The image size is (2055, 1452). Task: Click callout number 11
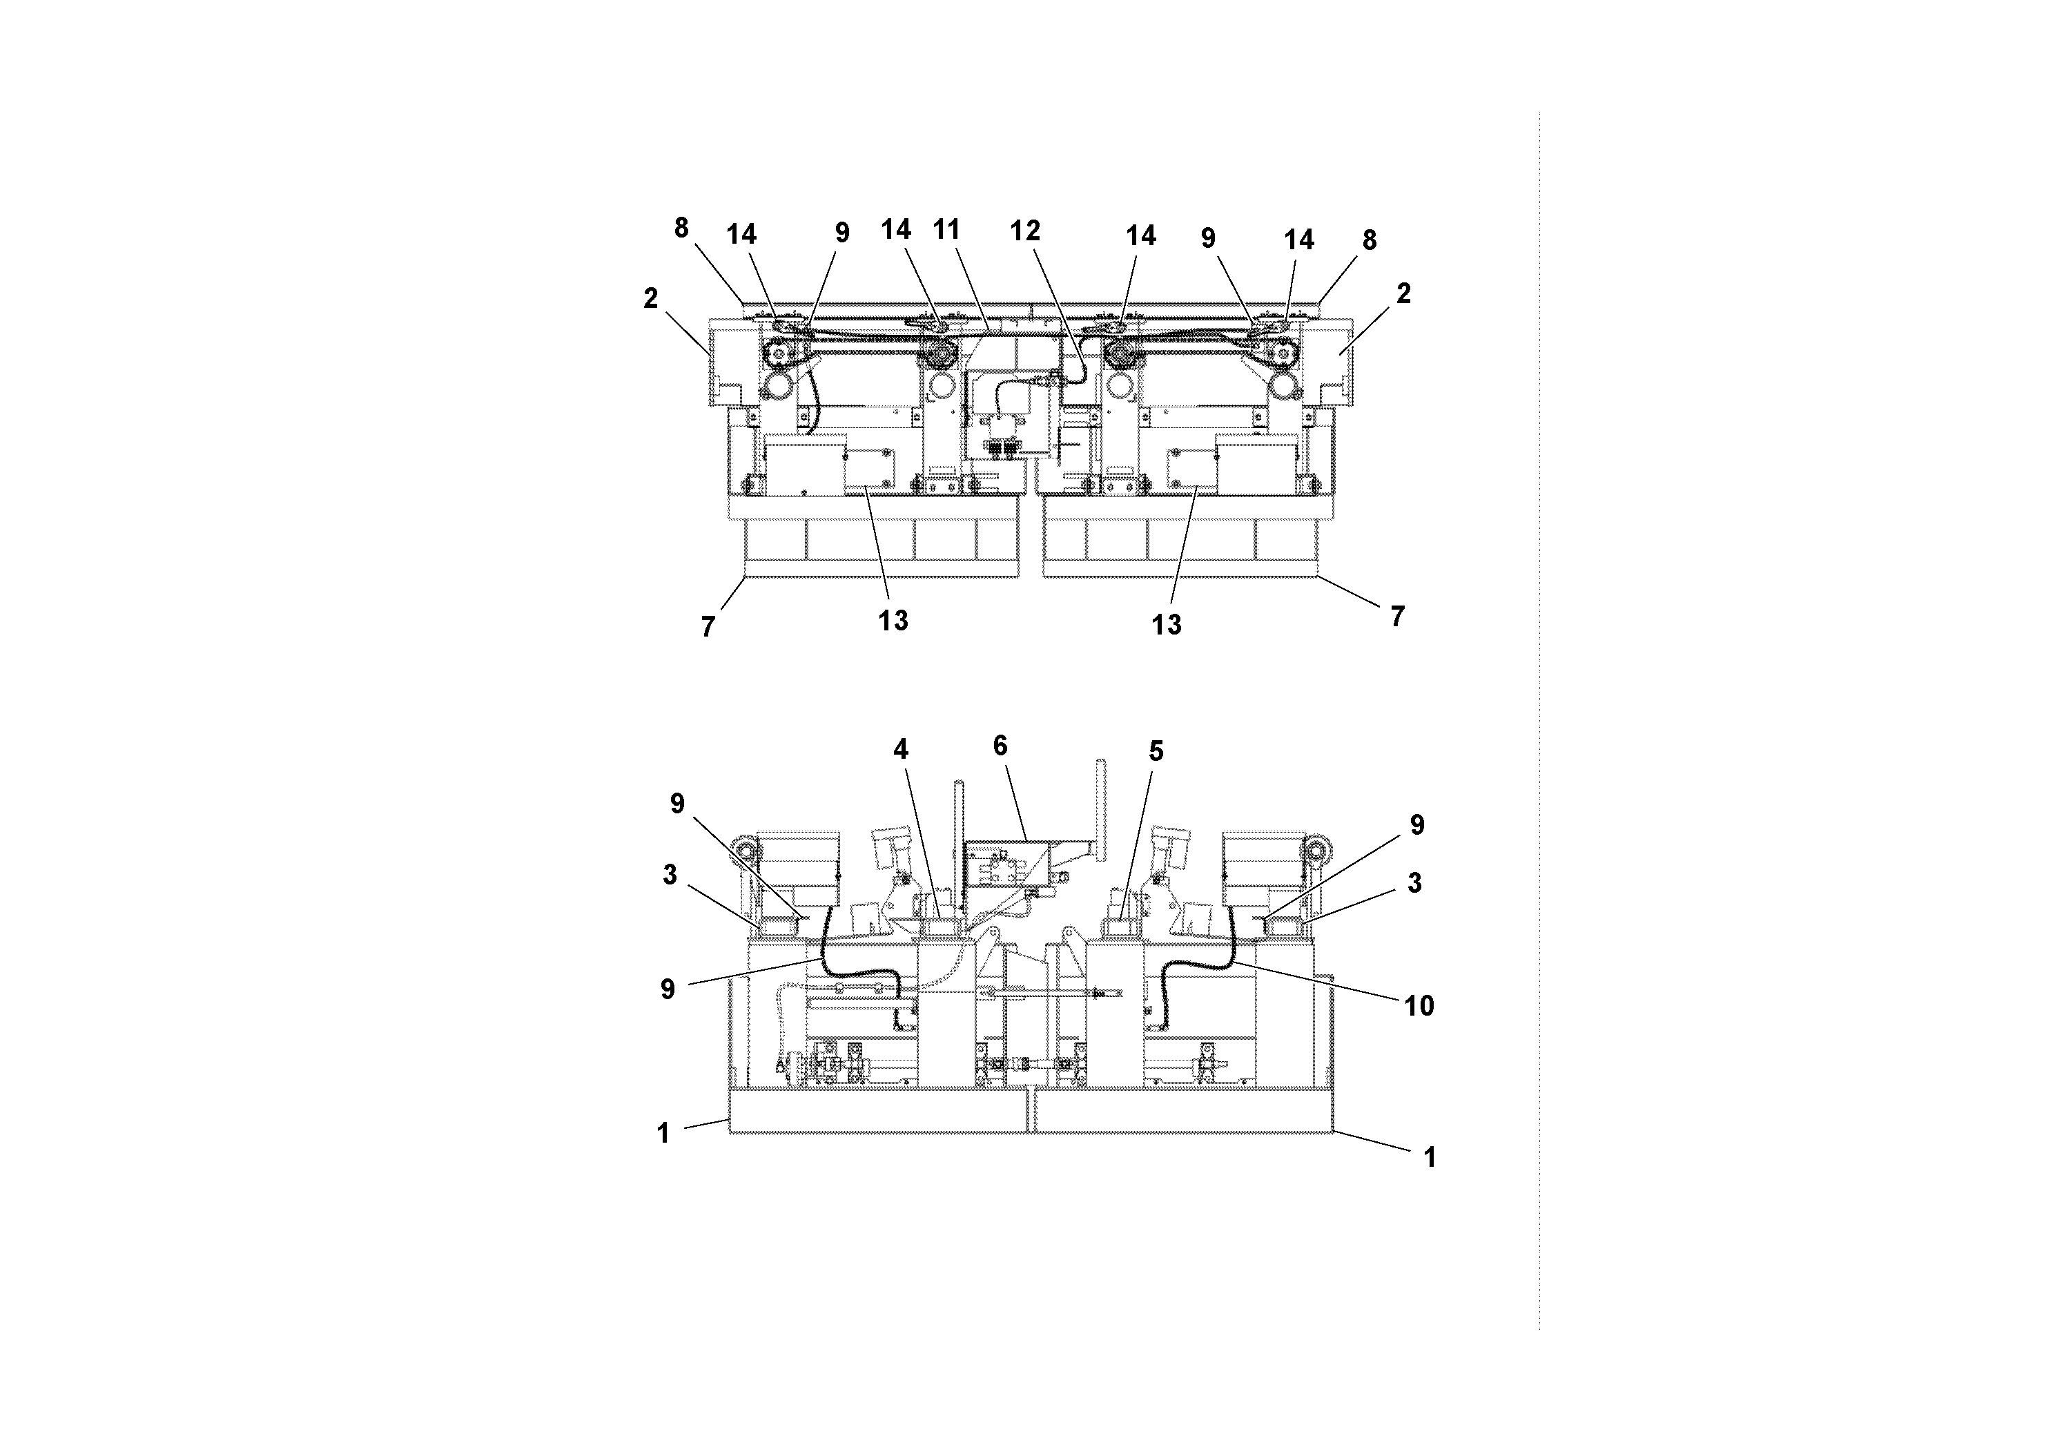pyautogui.click(x=946, y=229)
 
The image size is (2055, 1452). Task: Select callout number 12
pyautogui.click(x=1025, y=231)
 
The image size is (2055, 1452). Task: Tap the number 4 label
pyautogui.click(x=900, y=748)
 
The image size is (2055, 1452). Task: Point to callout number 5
pyautogui.click(x=1156, y=751)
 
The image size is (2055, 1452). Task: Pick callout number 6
pyautogui.click(x=1000, y=745)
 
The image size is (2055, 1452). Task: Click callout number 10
pyautogui.click(x=1419, y=1005)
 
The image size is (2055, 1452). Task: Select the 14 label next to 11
pyautogui.click(x=896, y=230)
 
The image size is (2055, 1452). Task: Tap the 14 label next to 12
pyautogui.click(x=1140, y=235)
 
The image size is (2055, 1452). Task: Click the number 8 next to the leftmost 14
pyautogui.click(x=681, y=229)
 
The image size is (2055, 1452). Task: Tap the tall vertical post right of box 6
pyautogui.click(x=1100, y=806)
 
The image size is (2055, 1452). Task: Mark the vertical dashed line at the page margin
pyautogui.click(x=1539, y=716)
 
